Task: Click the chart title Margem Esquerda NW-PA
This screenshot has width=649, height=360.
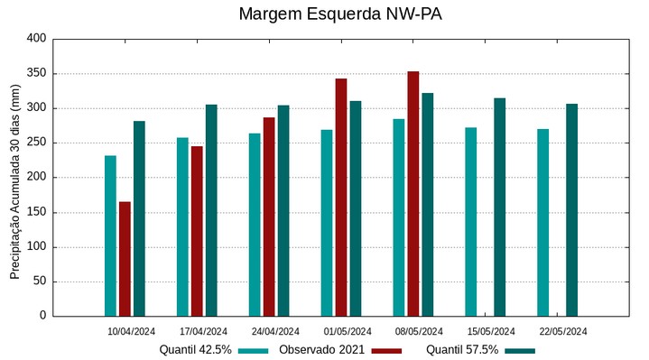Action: click(340, 14)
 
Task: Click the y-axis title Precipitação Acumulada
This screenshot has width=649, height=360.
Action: click(14, 180)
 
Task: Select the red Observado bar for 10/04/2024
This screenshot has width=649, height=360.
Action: click(125, 259)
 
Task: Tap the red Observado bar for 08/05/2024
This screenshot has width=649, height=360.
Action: click(413, 194)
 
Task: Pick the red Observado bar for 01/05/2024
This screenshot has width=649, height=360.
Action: click(341, 198)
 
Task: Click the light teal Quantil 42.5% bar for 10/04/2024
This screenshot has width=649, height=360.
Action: click(110, 235)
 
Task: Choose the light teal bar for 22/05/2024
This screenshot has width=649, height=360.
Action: click(542, 223)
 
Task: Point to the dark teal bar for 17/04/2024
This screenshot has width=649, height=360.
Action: click(211, 210)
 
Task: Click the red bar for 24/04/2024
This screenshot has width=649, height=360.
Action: click(269, 217)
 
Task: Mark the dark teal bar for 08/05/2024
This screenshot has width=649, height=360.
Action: click(428, 205)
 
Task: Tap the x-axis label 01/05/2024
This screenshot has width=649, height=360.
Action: click(348, 331)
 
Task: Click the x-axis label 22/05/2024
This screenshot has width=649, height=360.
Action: click(563, 331)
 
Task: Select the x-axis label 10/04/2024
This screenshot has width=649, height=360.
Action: click(132, 331)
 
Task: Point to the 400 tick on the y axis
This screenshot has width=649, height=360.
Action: click(36, 39)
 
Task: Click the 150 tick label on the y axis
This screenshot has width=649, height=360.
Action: click(36, 212)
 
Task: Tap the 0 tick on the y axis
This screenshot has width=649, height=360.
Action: click(42, 316)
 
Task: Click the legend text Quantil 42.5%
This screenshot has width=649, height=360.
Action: click(195, 350)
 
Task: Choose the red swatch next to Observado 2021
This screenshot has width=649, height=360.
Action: click(386, 350)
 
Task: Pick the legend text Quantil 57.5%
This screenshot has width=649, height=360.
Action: click(462, 350)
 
